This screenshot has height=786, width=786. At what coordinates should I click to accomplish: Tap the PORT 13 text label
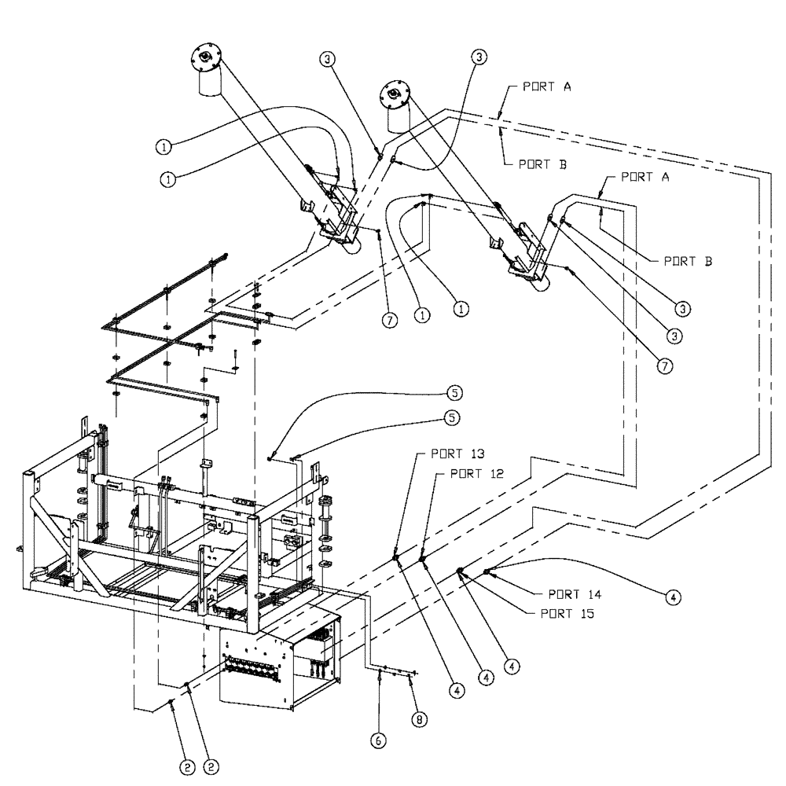point(457,454)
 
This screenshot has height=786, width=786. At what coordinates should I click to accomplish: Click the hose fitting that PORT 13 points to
point(396,558)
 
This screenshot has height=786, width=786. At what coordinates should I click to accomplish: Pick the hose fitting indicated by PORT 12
point(422,560)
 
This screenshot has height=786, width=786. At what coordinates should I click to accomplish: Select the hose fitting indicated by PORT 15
point(461,571)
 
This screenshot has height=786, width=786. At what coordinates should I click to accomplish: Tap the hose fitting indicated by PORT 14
point(487,571)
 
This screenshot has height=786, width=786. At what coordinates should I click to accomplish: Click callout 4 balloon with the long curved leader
point(673,597)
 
